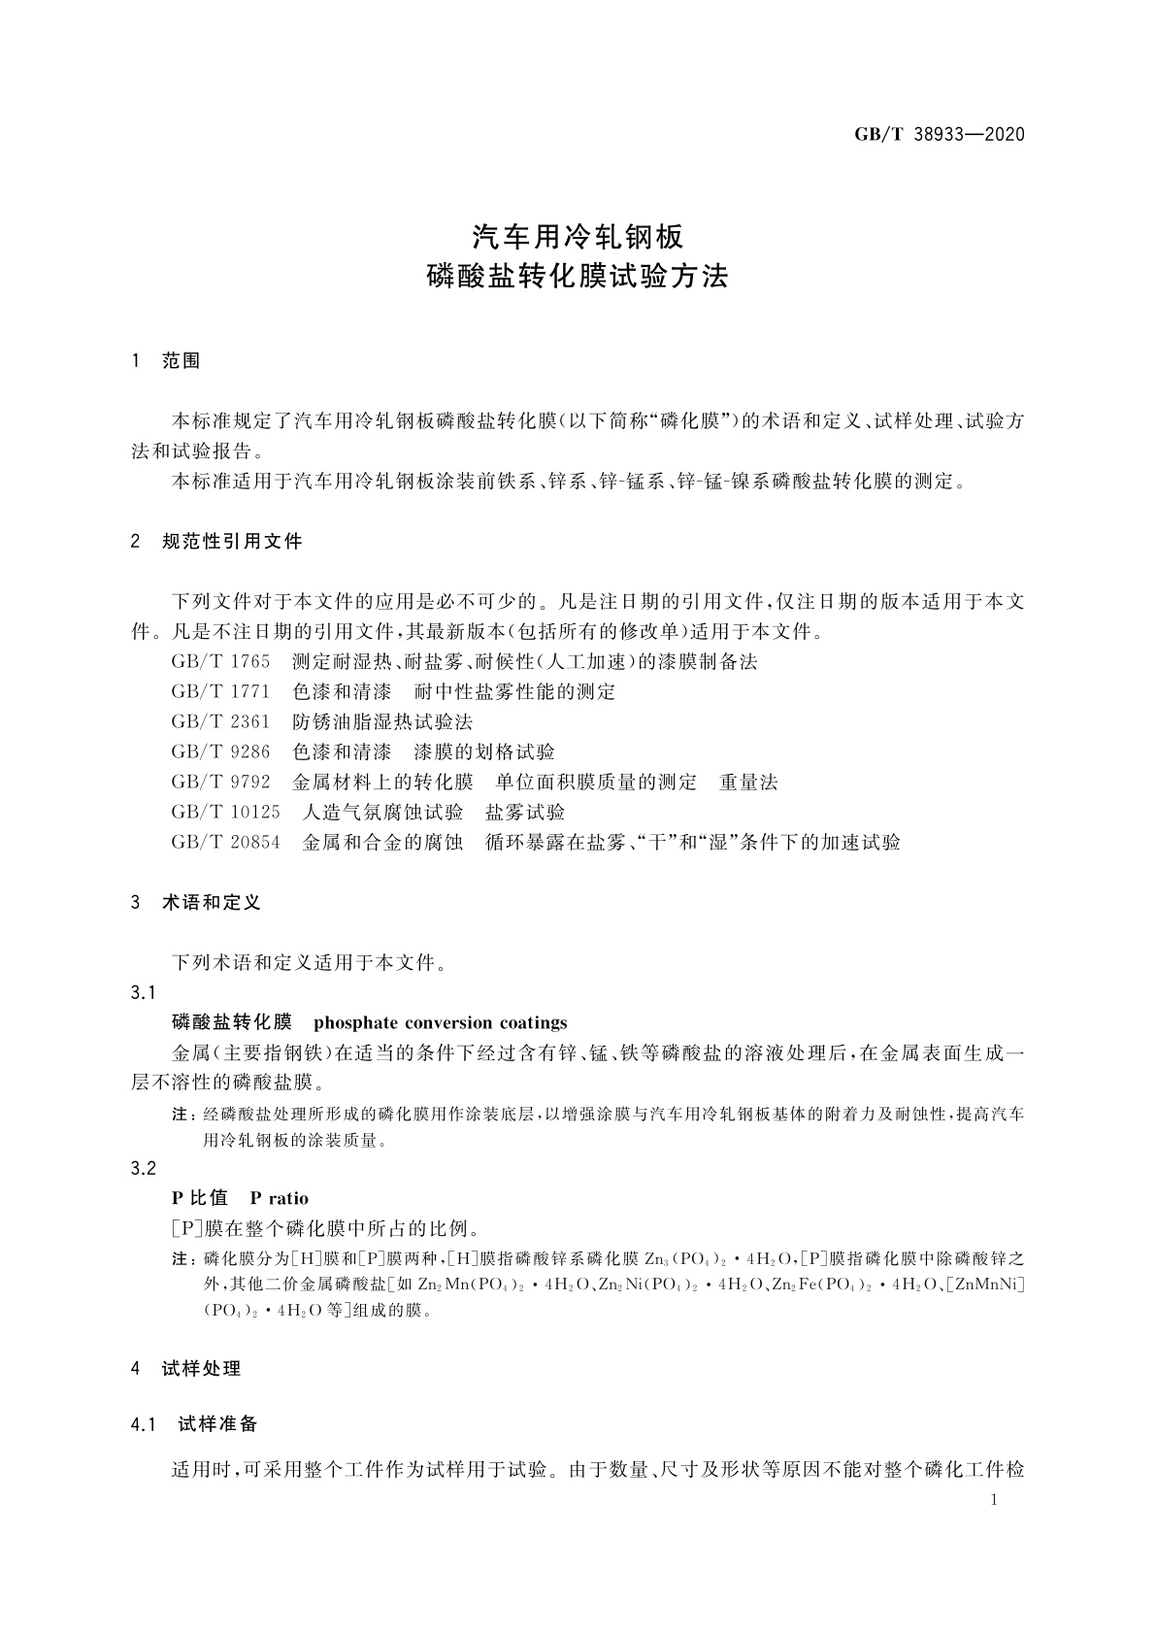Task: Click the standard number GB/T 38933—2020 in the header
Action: [939, 134]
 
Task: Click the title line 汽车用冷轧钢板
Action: [578, 236]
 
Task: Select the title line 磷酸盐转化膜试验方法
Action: [578, 277]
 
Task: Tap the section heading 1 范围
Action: [166, 361]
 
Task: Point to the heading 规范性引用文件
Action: [233, 542]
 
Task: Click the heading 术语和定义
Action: [212, 903]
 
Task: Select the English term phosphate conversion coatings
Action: [441, 1022]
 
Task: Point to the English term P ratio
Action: [279, 1198]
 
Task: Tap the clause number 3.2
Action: [143, 1168]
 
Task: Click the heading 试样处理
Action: [201, 1369]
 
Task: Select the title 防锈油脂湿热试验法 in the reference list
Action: [382, 722]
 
